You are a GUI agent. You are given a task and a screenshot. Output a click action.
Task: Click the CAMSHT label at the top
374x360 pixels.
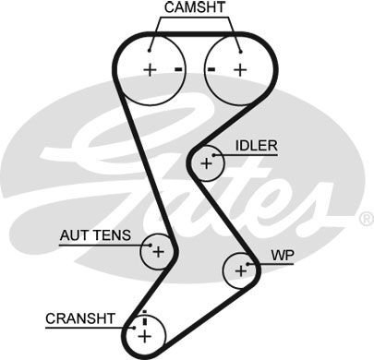coord(193,8)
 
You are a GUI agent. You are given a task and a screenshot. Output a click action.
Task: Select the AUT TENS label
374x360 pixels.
coord(95,235)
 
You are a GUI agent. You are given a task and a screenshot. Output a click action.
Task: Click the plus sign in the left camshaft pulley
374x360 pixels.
coord(149,70)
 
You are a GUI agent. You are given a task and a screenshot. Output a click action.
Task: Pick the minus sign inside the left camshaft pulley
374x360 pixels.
coord(175,70)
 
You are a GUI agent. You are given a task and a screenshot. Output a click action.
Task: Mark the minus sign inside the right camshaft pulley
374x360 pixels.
coord(212,70)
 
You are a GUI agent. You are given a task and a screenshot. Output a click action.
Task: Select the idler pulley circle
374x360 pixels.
coord(206,164)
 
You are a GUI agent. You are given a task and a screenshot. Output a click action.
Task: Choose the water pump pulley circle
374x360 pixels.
coord(240,270)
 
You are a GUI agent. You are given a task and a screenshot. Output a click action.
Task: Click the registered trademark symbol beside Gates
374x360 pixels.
coord(366,219)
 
